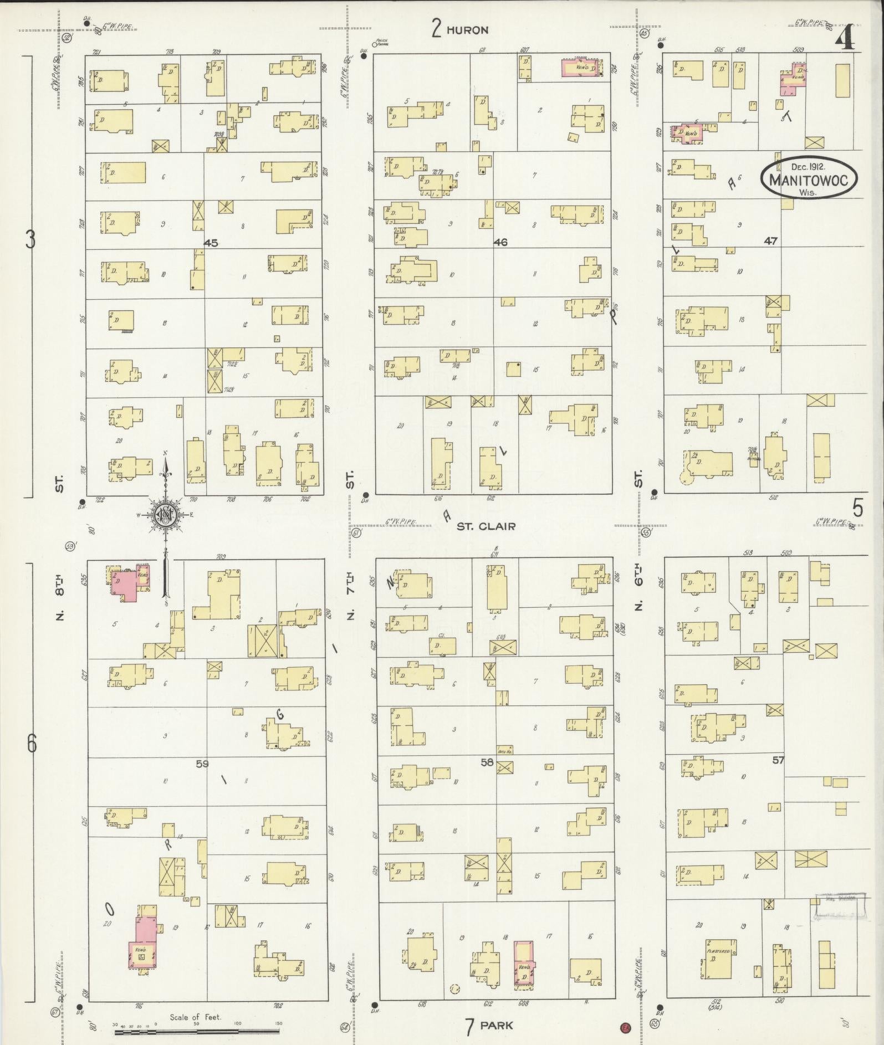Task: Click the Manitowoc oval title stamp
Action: [x=809, y=177]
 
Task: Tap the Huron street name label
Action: [x=467, y=30]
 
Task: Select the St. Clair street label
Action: [x=486, y=526]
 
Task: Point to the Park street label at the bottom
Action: [x=497, y=1025]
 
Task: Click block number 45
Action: [x=211, y=243]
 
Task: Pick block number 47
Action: [x=770, y=241]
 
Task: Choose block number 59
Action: [x=202, y=764]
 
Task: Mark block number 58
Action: [x=487, y=763]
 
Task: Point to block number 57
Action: [x=779, y=760]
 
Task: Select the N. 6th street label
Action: [x=638, y=589]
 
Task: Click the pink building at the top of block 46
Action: [x=584, y=68]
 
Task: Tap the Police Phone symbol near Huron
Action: [x=375, y=44]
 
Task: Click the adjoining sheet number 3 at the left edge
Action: [x=31, y=240]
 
